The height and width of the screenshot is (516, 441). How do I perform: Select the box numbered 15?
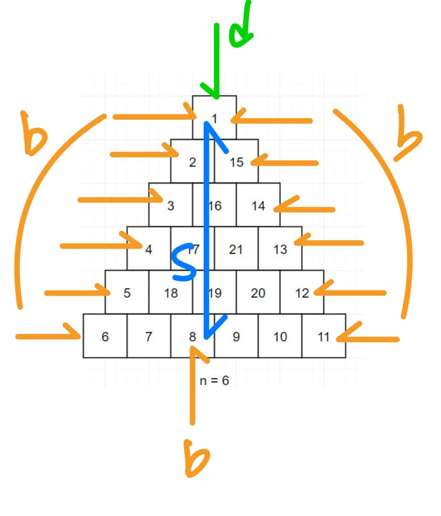(236, 161)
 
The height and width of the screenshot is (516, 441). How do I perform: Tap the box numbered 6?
(105, 336)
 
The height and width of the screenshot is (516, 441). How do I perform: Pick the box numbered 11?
(323, 336)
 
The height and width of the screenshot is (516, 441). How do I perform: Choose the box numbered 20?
(258, 292)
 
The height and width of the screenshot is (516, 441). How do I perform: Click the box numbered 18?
(170, 292)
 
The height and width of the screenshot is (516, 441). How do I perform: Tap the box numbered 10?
(280, 336)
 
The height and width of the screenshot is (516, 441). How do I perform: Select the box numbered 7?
(148, 336)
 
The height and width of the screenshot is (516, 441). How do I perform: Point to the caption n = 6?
(214, 381)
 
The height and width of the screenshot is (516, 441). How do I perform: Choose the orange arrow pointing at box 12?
(350, 292)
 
